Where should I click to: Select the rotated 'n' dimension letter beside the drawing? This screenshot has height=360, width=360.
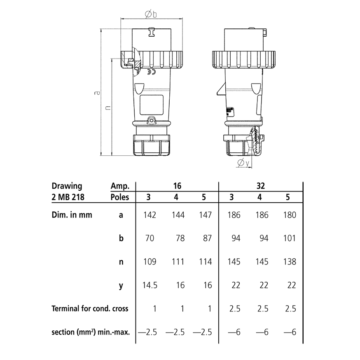pyautogui.click(x=107, y=107)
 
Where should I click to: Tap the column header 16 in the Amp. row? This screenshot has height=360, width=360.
pyautogui.click(x=177, y=186)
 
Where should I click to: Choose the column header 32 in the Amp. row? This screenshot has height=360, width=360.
pyautogui.click(x=260, y=186)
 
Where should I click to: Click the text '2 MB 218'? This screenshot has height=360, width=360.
pyautogui.click(x=68, y=197)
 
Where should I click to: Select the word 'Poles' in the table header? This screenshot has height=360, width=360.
pyautogui.click(x=120, y=197)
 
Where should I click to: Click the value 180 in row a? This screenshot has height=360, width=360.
pyautogui.click(x=290, y=215)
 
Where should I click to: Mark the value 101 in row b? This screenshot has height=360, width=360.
pyautogui.click(x=290, y=238)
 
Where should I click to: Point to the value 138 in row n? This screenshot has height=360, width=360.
pyautogui.click(x=290, y=262)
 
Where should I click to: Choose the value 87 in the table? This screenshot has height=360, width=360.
pyautogui.click(x=205, y=238)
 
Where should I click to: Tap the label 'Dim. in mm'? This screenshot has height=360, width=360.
pyautogui.click(x=72, y=215)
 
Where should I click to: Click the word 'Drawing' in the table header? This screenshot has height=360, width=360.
pyautogui.click(x=67, y=186)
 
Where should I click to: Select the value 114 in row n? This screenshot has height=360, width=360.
pyautogui.click(x=205, y=262)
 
